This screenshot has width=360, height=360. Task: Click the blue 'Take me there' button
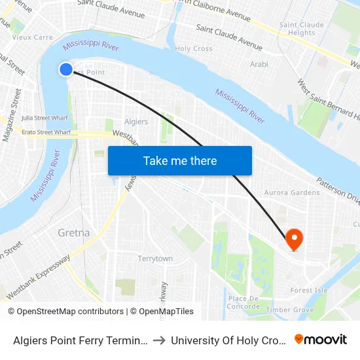180,160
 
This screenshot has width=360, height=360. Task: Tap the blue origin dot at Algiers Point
66,69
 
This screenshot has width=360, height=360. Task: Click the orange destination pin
294,238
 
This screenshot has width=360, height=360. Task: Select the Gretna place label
73,232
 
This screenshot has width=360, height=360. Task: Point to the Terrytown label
155,259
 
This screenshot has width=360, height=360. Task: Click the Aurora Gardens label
292,192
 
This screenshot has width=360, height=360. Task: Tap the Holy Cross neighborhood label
194,48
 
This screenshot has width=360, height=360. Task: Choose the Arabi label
259,64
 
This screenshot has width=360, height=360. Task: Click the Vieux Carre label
33,37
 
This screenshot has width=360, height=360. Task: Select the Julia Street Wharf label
45,118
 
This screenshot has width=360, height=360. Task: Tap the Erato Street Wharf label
45,132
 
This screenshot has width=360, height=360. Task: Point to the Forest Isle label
309,290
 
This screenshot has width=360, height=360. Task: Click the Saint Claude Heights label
302,29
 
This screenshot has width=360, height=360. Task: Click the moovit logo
321,339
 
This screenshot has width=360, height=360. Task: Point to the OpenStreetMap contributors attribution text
66,312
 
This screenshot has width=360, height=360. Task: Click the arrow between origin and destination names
159,340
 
